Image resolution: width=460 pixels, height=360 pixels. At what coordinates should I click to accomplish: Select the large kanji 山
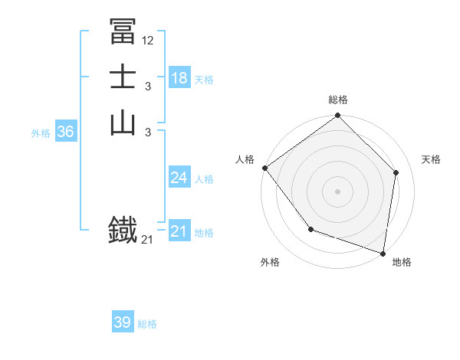(x=123, y=123)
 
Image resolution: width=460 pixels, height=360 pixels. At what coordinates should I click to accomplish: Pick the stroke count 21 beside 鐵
(x=147, y=241)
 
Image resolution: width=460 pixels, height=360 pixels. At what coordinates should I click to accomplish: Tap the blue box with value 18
(x=179, y=78)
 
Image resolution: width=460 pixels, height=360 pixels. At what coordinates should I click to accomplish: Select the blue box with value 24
(x=179, y=178)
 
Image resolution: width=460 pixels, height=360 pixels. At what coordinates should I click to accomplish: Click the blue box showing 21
(x=179, y=231)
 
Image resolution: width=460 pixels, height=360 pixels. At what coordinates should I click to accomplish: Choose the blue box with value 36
(x=65, y=132)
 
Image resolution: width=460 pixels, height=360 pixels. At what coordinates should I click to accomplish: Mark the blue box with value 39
(x=122, y=322)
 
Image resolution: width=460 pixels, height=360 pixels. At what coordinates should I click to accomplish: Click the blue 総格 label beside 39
(x=148, y=324)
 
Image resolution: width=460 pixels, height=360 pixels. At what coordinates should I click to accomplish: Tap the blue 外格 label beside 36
(x=41, y=133)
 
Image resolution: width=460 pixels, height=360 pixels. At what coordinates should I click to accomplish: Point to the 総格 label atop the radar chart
(x=337, y=100)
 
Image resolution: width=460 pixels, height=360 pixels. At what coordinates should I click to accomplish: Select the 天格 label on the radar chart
(x=431, y=159)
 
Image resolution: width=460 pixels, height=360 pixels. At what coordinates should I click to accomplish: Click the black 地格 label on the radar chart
(x=402, y=262)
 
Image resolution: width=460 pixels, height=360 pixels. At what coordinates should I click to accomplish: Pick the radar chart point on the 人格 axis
(x=264, y=168)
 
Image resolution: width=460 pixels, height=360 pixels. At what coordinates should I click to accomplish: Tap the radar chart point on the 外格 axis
(x=310, y=229)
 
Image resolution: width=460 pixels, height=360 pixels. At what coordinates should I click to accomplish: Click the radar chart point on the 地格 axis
(x=383, y=253)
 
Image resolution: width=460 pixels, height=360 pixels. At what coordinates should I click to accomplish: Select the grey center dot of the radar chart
(x=337, y=191)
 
